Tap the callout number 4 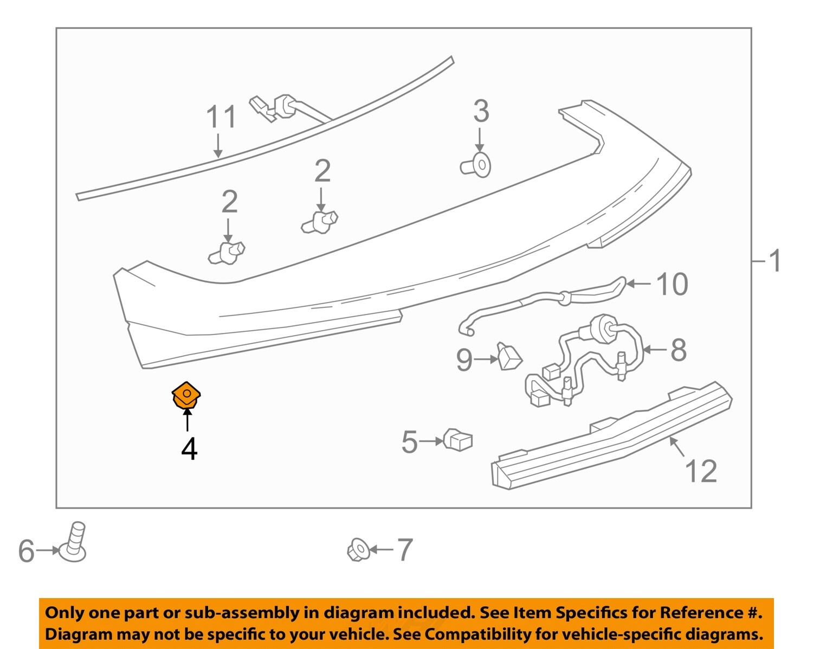[189, 449]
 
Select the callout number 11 [222, 117]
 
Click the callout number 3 [481, 111]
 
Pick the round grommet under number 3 [477, 165]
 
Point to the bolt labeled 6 [75, 542]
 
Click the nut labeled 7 [358, 550]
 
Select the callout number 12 [701, 471]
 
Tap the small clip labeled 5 [459, 440]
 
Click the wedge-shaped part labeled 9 [509, 356]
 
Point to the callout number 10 [672, 284]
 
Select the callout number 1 [776, 261]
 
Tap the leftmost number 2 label [229, 202]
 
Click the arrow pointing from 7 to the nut [382, 550]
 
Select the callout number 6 [26, 551]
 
